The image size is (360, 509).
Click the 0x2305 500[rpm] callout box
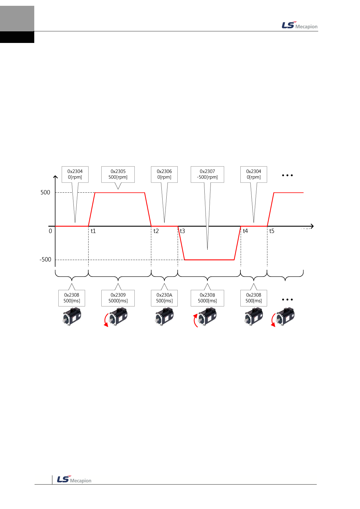118,174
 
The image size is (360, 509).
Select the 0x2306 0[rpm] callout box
164,174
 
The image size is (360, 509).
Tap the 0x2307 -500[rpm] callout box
207,174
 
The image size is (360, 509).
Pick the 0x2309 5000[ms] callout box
118,298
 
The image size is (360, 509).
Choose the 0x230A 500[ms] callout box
164,298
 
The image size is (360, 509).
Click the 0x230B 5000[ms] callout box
207,298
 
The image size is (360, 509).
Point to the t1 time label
93,231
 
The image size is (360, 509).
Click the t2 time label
156,231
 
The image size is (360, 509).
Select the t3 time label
182,231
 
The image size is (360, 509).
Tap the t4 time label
245,231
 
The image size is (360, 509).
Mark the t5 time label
272,231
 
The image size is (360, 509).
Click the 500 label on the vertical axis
45,192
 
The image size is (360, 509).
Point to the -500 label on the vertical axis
45,259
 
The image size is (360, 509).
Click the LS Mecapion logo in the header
299,26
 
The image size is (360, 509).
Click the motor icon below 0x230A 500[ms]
164,317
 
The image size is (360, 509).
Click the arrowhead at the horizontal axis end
312,226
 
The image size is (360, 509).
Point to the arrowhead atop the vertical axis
55,177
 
